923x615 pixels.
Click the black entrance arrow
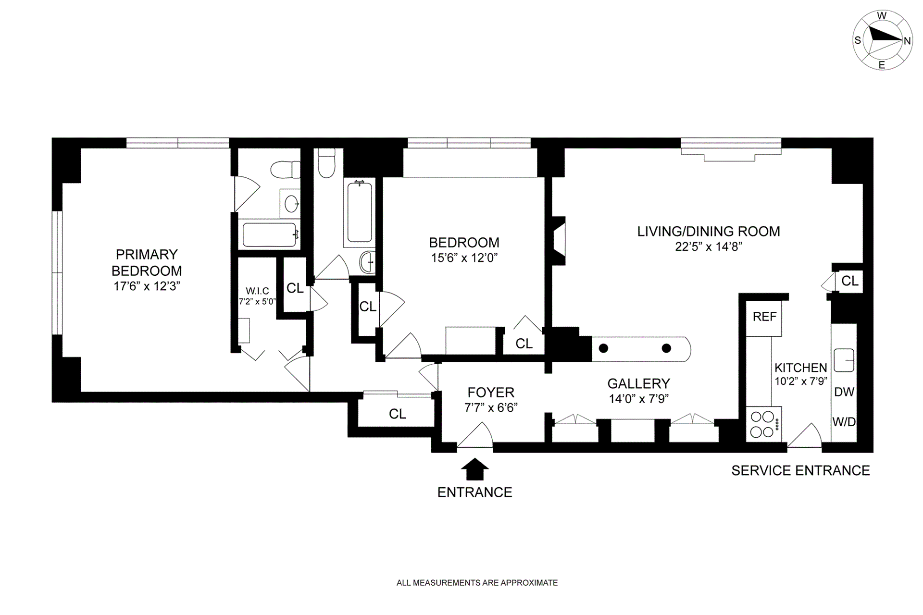pos(474,469)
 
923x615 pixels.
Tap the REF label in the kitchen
pos(764,317)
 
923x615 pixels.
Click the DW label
pos(844,392)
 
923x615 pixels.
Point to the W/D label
pos(844,422)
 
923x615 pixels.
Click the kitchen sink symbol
pos(844,360)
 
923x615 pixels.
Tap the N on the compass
pos(907,41)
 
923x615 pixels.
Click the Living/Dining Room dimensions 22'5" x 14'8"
pos(709,247)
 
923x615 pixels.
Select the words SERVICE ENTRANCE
pos(800,470)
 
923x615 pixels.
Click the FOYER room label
pos(491,393)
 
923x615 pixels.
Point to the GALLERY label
pos(638,383)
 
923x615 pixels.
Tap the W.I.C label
pos(257,291)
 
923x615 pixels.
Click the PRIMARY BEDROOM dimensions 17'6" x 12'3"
pos(147,286)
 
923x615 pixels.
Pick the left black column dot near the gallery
pos(603,348)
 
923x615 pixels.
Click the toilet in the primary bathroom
pos(285,170)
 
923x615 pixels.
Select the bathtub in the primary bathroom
pos(269,235)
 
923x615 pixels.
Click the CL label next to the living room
pos(849,281)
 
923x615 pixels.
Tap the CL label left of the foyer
pos(398,414)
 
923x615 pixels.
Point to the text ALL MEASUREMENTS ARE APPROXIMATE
pos(477,583)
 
